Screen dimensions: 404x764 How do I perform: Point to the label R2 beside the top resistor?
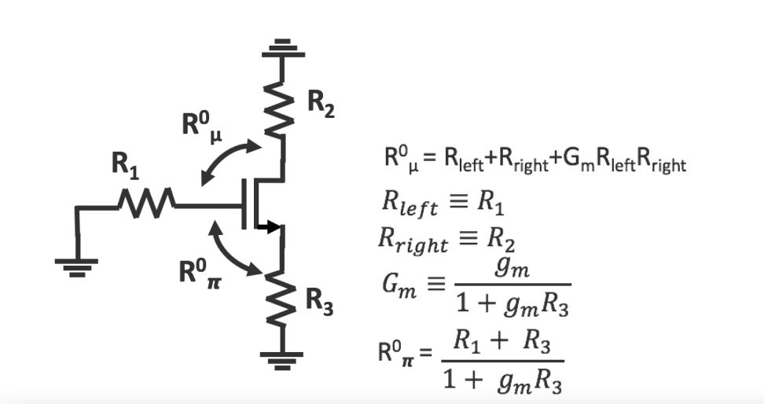click(318, 105)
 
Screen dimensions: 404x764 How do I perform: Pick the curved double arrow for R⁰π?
click(231, 250)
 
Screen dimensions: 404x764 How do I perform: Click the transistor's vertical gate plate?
click(245, 205)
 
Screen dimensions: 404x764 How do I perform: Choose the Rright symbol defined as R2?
click(412, 241)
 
